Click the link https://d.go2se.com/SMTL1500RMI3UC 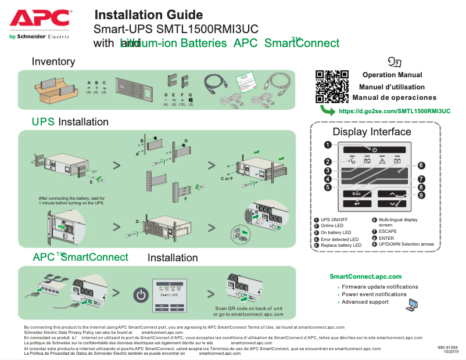[x=395, y=111]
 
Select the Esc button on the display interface [x=356, y=193]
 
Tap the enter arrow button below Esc [x=356, y=203]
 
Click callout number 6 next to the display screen [x=421, y=165]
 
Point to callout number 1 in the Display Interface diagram [x=328, y=145]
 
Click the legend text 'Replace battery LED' [x=341, y=245]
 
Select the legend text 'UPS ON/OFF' [x=335, y=219]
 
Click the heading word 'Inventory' [x=53, y=62]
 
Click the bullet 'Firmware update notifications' [x=379, y=287]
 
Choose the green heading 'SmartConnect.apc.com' [x=365, y=276]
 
